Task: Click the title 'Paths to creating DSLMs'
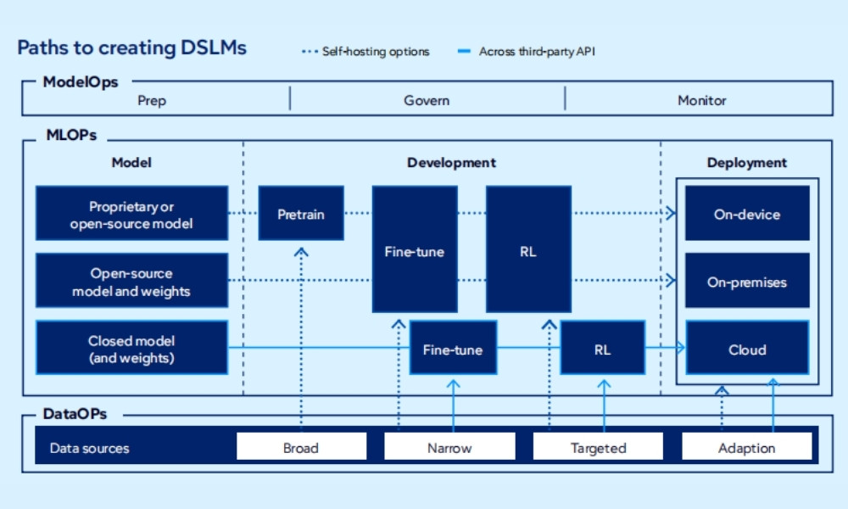[131, 48]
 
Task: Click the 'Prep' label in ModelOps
[152, 100]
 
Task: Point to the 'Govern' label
[427, 100]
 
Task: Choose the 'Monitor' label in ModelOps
[701, 100]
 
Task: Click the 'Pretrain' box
[301, 214]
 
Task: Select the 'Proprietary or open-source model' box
[131, 215]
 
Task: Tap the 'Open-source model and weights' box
[131, 282]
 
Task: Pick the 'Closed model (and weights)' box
[131, 349]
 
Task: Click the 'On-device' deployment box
[746, 214]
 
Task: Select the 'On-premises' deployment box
[746, 282]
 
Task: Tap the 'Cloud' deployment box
[746, 349]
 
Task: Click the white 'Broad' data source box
[301, 447]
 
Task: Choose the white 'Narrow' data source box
[449, 447]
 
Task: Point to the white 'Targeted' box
[598, 447]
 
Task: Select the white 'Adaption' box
[746, 447]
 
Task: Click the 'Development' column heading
[451, 163]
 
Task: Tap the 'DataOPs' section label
[75, 414]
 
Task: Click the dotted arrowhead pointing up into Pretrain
[301, 251]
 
